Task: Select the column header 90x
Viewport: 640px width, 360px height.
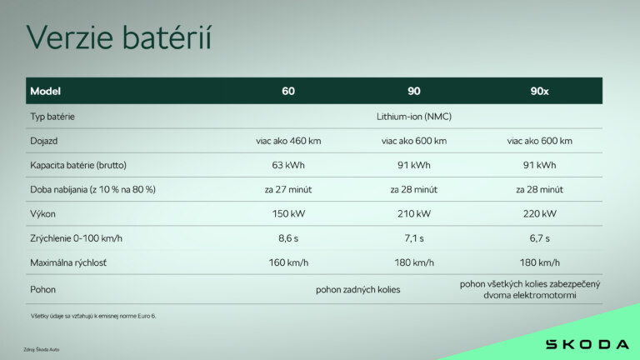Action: coord(539,91)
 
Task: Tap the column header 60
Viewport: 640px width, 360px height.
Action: coord(288,91)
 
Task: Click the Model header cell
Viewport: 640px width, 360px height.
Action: coord(45,91)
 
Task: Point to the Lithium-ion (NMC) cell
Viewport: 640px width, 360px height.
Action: coord(414,116)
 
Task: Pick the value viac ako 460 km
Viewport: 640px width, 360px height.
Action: coord(288,141)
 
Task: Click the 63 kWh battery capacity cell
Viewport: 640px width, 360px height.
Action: coord(288,165)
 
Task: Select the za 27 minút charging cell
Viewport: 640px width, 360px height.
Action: coord(288,189)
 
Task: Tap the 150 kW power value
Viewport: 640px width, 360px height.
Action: coord(288,213)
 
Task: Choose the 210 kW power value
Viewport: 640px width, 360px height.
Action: coord(414,213)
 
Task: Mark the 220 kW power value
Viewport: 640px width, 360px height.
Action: coord(539,213)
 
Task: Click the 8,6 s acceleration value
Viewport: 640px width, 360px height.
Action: coord(288,238)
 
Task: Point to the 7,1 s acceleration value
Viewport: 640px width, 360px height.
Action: coord(414,238)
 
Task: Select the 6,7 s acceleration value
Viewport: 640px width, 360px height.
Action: coord(539,238)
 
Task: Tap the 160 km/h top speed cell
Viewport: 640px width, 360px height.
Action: coord(288,262)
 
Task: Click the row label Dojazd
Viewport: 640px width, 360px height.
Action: coord(44,141)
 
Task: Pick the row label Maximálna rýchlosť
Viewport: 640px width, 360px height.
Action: coord(70,262)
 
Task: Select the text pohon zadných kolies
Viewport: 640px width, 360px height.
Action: coord(357,290)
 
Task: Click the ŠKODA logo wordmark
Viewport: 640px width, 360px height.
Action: coord(587,344)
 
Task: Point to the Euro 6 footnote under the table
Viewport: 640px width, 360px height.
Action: coord(92,316)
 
